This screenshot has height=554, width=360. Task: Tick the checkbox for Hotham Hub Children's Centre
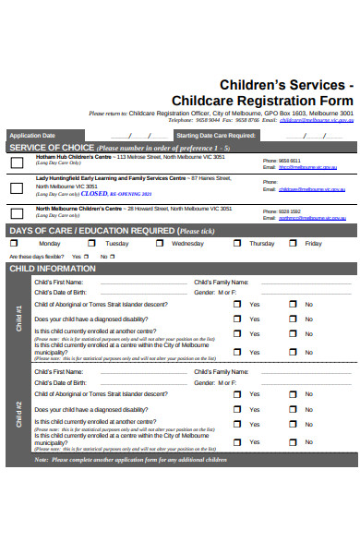(17, 163)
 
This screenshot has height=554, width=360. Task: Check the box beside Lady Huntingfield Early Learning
(17, 187)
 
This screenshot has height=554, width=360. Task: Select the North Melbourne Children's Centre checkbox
(17, 213)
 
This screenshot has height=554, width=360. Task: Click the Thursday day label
(261, 244)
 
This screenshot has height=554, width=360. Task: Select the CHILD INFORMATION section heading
(52, 269)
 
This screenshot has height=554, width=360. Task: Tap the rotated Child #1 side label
(19, 319)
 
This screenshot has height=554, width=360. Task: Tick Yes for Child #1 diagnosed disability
(236, 319)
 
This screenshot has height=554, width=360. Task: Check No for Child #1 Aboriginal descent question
(294, 304)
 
